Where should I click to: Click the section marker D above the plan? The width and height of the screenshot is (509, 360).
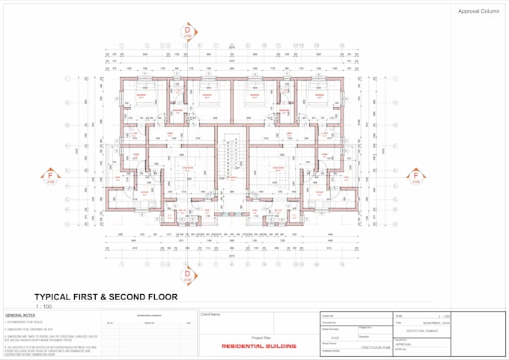188,31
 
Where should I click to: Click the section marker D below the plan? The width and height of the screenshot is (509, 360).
188,275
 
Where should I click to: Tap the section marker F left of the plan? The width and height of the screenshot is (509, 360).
52,177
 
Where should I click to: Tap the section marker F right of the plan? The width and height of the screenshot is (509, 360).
416,177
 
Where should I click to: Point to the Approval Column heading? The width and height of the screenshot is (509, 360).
478,11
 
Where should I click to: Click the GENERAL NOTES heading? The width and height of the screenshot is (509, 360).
20,316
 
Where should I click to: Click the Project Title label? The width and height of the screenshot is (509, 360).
261,338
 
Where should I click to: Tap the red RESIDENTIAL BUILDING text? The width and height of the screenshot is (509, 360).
259,347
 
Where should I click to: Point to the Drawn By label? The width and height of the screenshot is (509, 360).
328,315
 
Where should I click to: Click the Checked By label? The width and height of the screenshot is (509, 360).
329,322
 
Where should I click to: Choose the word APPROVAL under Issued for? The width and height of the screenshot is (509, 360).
404,344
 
